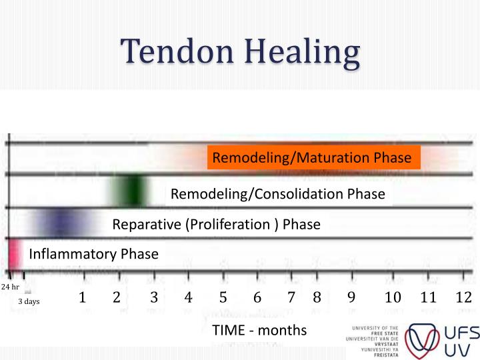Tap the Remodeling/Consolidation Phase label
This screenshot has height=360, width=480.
coord(278,194)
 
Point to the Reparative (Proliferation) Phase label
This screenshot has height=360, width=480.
coord(216,224)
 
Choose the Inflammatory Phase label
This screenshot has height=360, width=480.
coord(93,254)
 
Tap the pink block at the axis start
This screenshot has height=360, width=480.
coord(13,253)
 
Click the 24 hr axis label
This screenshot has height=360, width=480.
coord(10,287)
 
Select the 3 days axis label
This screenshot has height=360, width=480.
coord(29,301)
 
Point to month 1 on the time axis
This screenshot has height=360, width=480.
coord(82,297)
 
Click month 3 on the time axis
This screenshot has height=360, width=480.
coord(153,297)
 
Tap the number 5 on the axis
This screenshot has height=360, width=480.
coord(223,297)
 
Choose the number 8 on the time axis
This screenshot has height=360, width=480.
coord(317,297)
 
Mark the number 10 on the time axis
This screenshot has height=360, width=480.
coord(393,297)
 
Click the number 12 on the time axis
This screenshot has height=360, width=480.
coord(463,297)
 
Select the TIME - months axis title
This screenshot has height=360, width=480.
coord(259,330)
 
